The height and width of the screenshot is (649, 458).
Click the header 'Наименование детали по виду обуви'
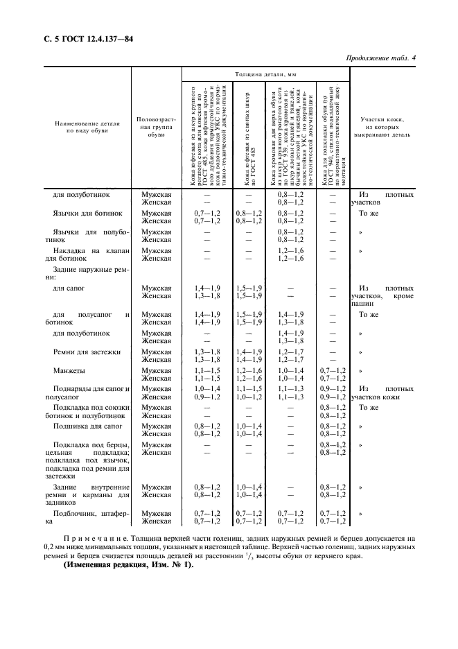point(88,126)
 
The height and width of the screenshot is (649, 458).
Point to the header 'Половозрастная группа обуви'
point(157,128)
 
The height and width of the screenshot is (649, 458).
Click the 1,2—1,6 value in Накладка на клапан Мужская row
point(291,250)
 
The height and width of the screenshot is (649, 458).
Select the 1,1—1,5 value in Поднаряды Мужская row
point(249,389)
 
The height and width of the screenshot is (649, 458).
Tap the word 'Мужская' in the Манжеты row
point(157,371)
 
